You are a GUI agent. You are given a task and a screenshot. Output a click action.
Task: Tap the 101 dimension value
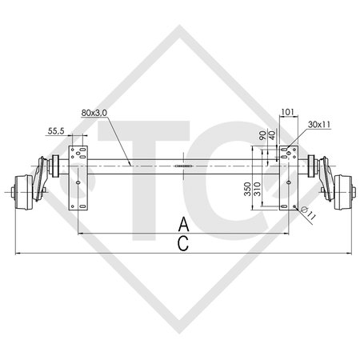point(288,112)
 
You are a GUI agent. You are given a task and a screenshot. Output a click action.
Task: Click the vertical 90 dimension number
point(262,136)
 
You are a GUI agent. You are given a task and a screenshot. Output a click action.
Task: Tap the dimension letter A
point(183,223)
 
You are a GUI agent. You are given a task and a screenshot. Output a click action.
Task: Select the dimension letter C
point(183,244)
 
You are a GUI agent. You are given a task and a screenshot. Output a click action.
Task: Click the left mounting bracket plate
point(78,178)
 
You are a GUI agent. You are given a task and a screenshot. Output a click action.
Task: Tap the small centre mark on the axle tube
point(183,166)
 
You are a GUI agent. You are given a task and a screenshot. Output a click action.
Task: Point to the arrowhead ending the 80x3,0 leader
point(131,164)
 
